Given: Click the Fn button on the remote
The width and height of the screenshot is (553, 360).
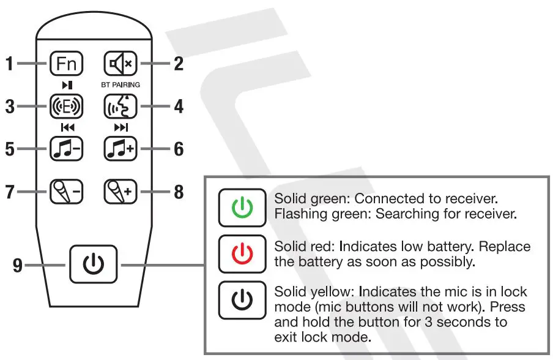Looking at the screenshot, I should pos(67,64).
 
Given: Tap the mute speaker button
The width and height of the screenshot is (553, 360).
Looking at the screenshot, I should pos(120,64).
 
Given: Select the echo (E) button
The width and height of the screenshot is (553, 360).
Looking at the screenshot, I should pos(67,107).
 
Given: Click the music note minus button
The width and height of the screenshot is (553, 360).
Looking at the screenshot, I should pos(67,149).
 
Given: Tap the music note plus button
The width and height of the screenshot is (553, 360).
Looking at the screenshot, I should pos(120,149).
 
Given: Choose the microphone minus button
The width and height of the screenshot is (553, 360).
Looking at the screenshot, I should pos(67,192).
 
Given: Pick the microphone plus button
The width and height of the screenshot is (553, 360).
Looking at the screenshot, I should pos(120,192).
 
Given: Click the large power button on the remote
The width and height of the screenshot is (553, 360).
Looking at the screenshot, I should pos(93,263).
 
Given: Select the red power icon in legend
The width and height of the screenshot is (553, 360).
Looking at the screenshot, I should pos(242,254).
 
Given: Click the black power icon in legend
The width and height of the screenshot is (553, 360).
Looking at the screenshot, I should pos(242,301).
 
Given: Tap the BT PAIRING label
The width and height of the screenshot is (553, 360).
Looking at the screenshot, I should pos(120,85).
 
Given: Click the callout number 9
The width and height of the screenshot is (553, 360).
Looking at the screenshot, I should pos(19,264).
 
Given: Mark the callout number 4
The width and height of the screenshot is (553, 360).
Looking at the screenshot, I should pos(178,107).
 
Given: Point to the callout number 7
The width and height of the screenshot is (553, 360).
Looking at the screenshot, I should pos(10,192).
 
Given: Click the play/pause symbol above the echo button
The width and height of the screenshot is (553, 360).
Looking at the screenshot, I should pos(67,85).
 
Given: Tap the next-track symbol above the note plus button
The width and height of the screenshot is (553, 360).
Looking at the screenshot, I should pos(120,128).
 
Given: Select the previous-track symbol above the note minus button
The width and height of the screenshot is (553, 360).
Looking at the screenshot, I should pos(67,128).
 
